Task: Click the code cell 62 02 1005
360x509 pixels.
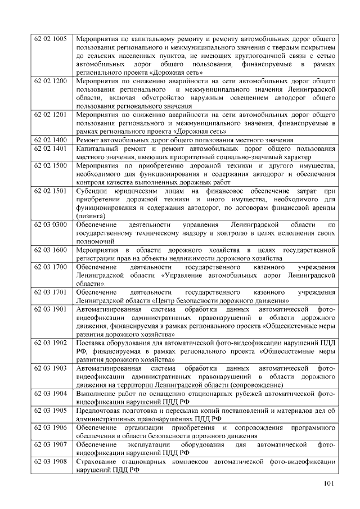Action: tap(51, 39)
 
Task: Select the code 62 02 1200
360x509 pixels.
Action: tap(51, 81)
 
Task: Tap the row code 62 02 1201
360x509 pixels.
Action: tap(51, 115)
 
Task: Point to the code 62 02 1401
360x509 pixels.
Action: tap(51, 148)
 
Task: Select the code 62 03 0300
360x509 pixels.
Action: tap(51, 224)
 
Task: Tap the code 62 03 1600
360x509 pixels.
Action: tap(51, 250)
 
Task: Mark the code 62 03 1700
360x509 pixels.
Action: tap(51, 267)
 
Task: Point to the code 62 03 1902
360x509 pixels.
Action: tap(51, 343)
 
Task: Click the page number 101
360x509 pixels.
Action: tap(330, 485)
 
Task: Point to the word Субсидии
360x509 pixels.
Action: tap(93, 191)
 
